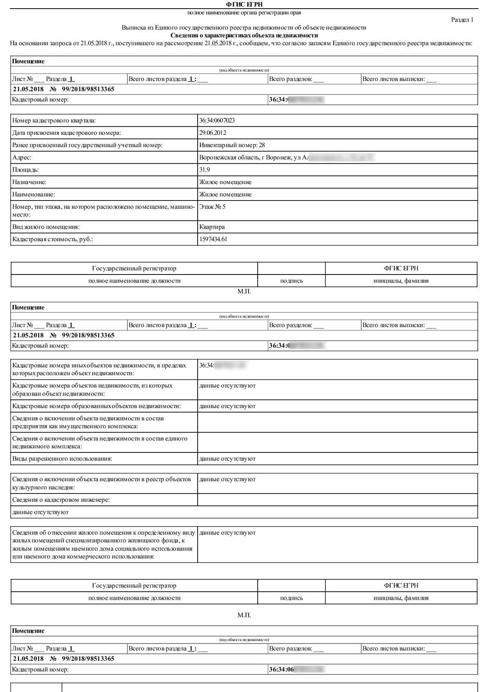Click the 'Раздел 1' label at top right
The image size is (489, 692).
coord(462,20)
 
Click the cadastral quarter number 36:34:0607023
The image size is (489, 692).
coord(217,120)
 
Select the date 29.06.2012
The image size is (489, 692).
coord(212,133)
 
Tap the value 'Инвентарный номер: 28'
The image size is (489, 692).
coord(232,145)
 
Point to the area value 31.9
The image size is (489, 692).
coord(205,170)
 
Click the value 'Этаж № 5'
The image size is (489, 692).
coord(212,207)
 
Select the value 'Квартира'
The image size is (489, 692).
coord(212,227)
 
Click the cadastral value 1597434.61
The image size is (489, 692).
coord(213,239)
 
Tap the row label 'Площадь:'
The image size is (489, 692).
coord(25,170)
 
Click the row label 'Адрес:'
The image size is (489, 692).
coord(22,157)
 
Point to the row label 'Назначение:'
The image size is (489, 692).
coord(30,182)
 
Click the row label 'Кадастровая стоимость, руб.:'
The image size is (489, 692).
coord(53,239)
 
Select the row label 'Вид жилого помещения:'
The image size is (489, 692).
coord(46,227)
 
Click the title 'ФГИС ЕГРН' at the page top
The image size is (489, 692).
coord(244,5)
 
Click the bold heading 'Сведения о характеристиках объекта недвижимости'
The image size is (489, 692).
coord(244,35)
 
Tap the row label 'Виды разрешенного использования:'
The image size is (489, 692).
coord(62,459)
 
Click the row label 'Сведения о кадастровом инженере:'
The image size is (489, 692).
coord(61,500)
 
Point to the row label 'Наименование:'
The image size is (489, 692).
coord(34,194)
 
